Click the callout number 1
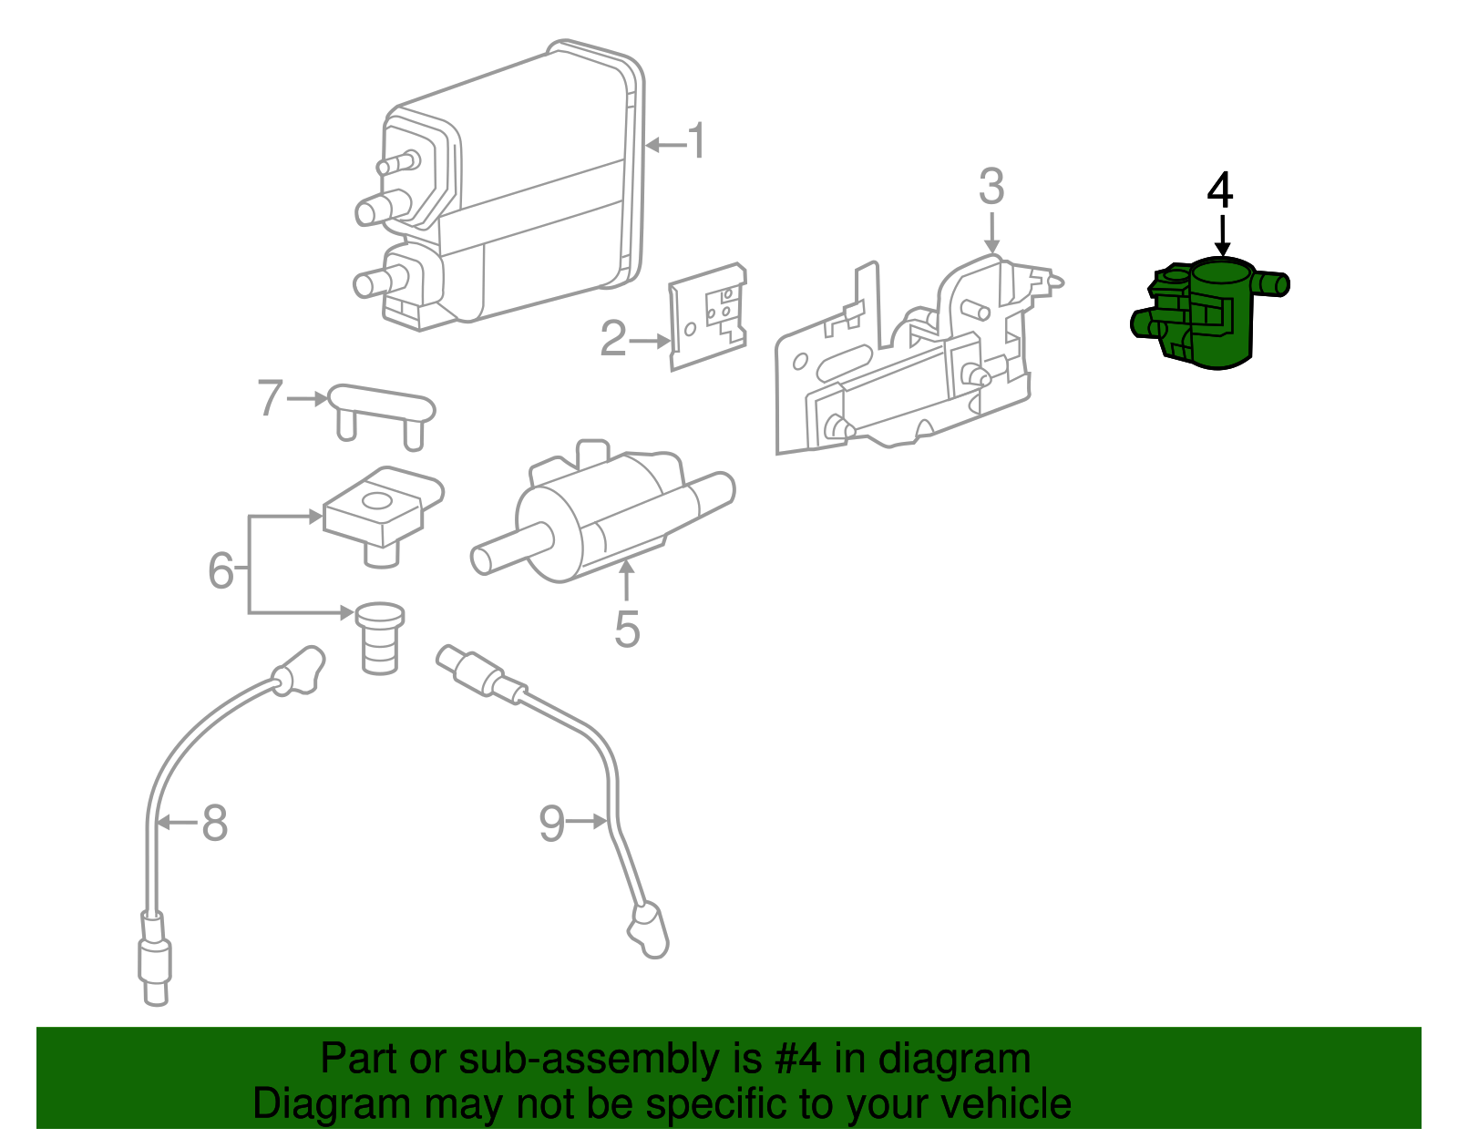697,143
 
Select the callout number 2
613,339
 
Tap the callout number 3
991,187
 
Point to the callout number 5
627,630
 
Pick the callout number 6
221,570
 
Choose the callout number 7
270,398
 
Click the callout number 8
214,824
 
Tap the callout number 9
552,824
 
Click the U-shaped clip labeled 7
381,410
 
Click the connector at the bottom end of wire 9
650,929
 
